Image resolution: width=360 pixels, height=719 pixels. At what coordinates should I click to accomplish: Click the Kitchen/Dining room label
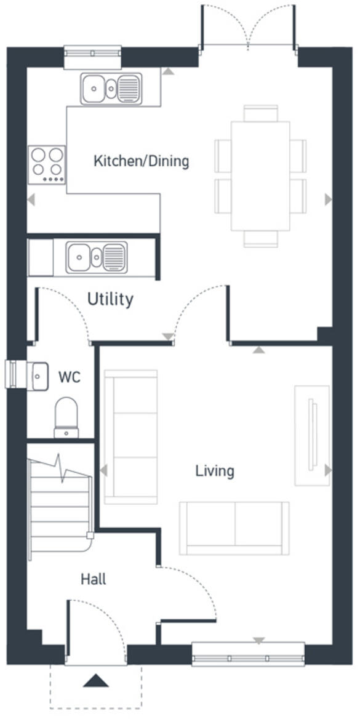point(141,162)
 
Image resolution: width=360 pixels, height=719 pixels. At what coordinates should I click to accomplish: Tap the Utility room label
point(110,300)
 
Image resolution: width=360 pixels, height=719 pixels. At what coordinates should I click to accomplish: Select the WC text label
point(69,377)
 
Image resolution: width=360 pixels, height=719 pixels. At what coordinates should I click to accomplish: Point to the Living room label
point(215,472)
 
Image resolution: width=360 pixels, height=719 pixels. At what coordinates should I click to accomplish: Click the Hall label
point(93,579)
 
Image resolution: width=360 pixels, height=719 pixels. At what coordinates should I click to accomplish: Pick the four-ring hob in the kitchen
point(47,164)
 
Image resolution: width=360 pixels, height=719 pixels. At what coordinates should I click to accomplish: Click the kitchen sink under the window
point(110,88)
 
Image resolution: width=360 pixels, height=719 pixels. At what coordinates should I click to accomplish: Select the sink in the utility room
point(97,257)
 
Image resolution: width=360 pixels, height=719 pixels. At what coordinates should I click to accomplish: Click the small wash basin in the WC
point(38,375)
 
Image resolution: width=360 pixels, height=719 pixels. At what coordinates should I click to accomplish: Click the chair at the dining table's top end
point(260,113)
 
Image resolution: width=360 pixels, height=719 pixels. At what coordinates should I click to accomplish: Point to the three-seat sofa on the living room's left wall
point(130,436)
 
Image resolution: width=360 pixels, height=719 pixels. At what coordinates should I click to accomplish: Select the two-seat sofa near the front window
point(234,527)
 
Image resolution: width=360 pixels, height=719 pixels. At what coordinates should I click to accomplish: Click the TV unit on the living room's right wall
point(312,435)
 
